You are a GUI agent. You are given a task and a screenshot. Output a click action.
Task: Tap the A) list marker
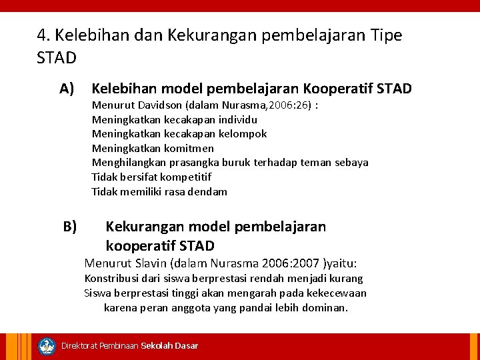(x=66, y=89)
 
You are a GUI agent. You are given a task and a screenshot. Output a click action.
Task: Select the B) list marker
(x=70, y=227)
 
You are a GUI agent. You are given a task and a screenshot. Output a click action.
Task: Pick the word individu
(x=237, y=120)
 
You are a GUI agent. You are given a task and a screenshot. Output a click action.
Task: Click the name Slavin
(x=150, y=263)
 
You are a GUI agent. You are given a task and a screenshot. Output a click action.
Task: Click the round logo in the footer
(x=47, y=346)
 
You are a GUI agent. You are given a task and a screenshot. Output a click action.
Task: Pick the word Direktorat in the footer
(x=79, y=346)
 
